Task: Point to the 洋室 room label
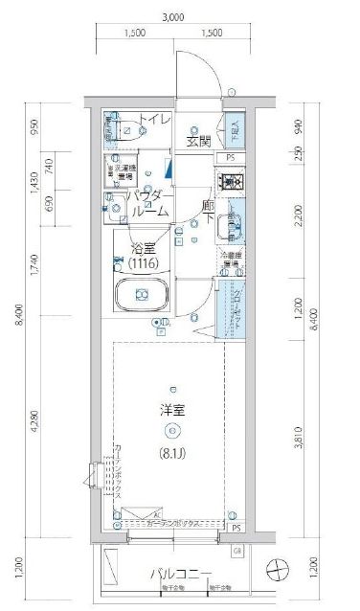(171, 413)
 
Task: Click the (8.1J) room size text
(172, 442)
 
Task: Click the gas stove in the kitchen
(230, 180)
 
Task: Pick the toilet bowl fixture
(126, 131)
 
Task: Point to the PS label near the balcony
(235, 528)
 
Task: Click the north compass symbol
(278, 570)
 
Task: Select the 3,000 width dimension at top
(172, 16)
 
